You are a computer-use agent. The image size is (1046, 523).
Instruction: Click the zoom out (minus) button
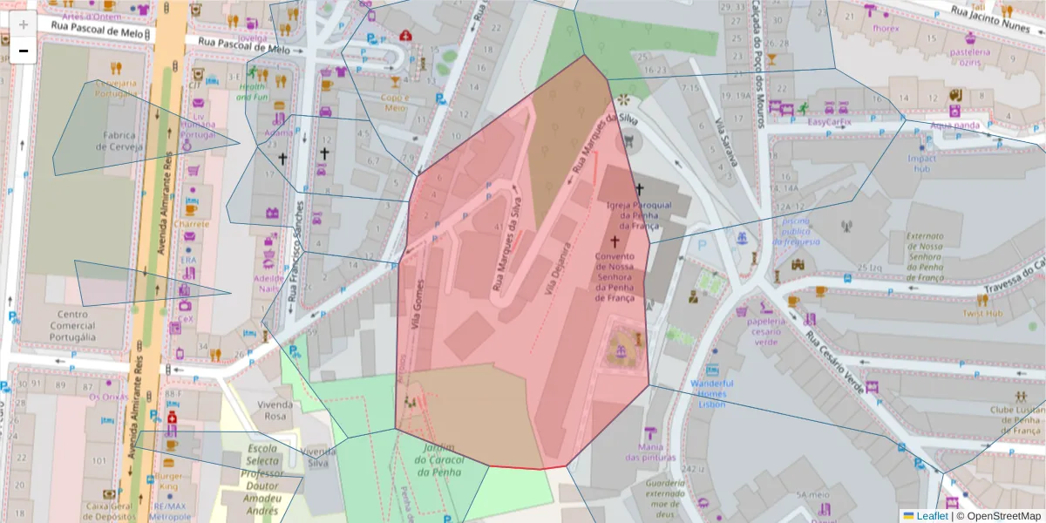tap(24, 51)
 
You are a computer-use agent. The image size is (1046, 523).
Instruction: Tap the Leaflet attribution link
tap(931, 515)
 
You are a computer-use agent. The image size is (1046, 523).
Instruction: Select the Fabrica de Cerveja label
tap(119, 140)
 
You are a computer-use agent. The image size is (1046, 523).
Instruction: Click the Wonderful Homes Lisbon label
tap(711, 394)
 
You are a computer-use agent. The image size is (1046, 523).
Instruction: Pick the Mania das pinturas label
tap(651, 452)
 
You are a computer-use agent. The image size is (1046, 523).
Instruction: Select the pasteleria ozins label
tap(970, 57)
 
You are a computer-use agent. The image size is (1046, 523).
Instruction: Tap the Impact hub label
tap(921, 163)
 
